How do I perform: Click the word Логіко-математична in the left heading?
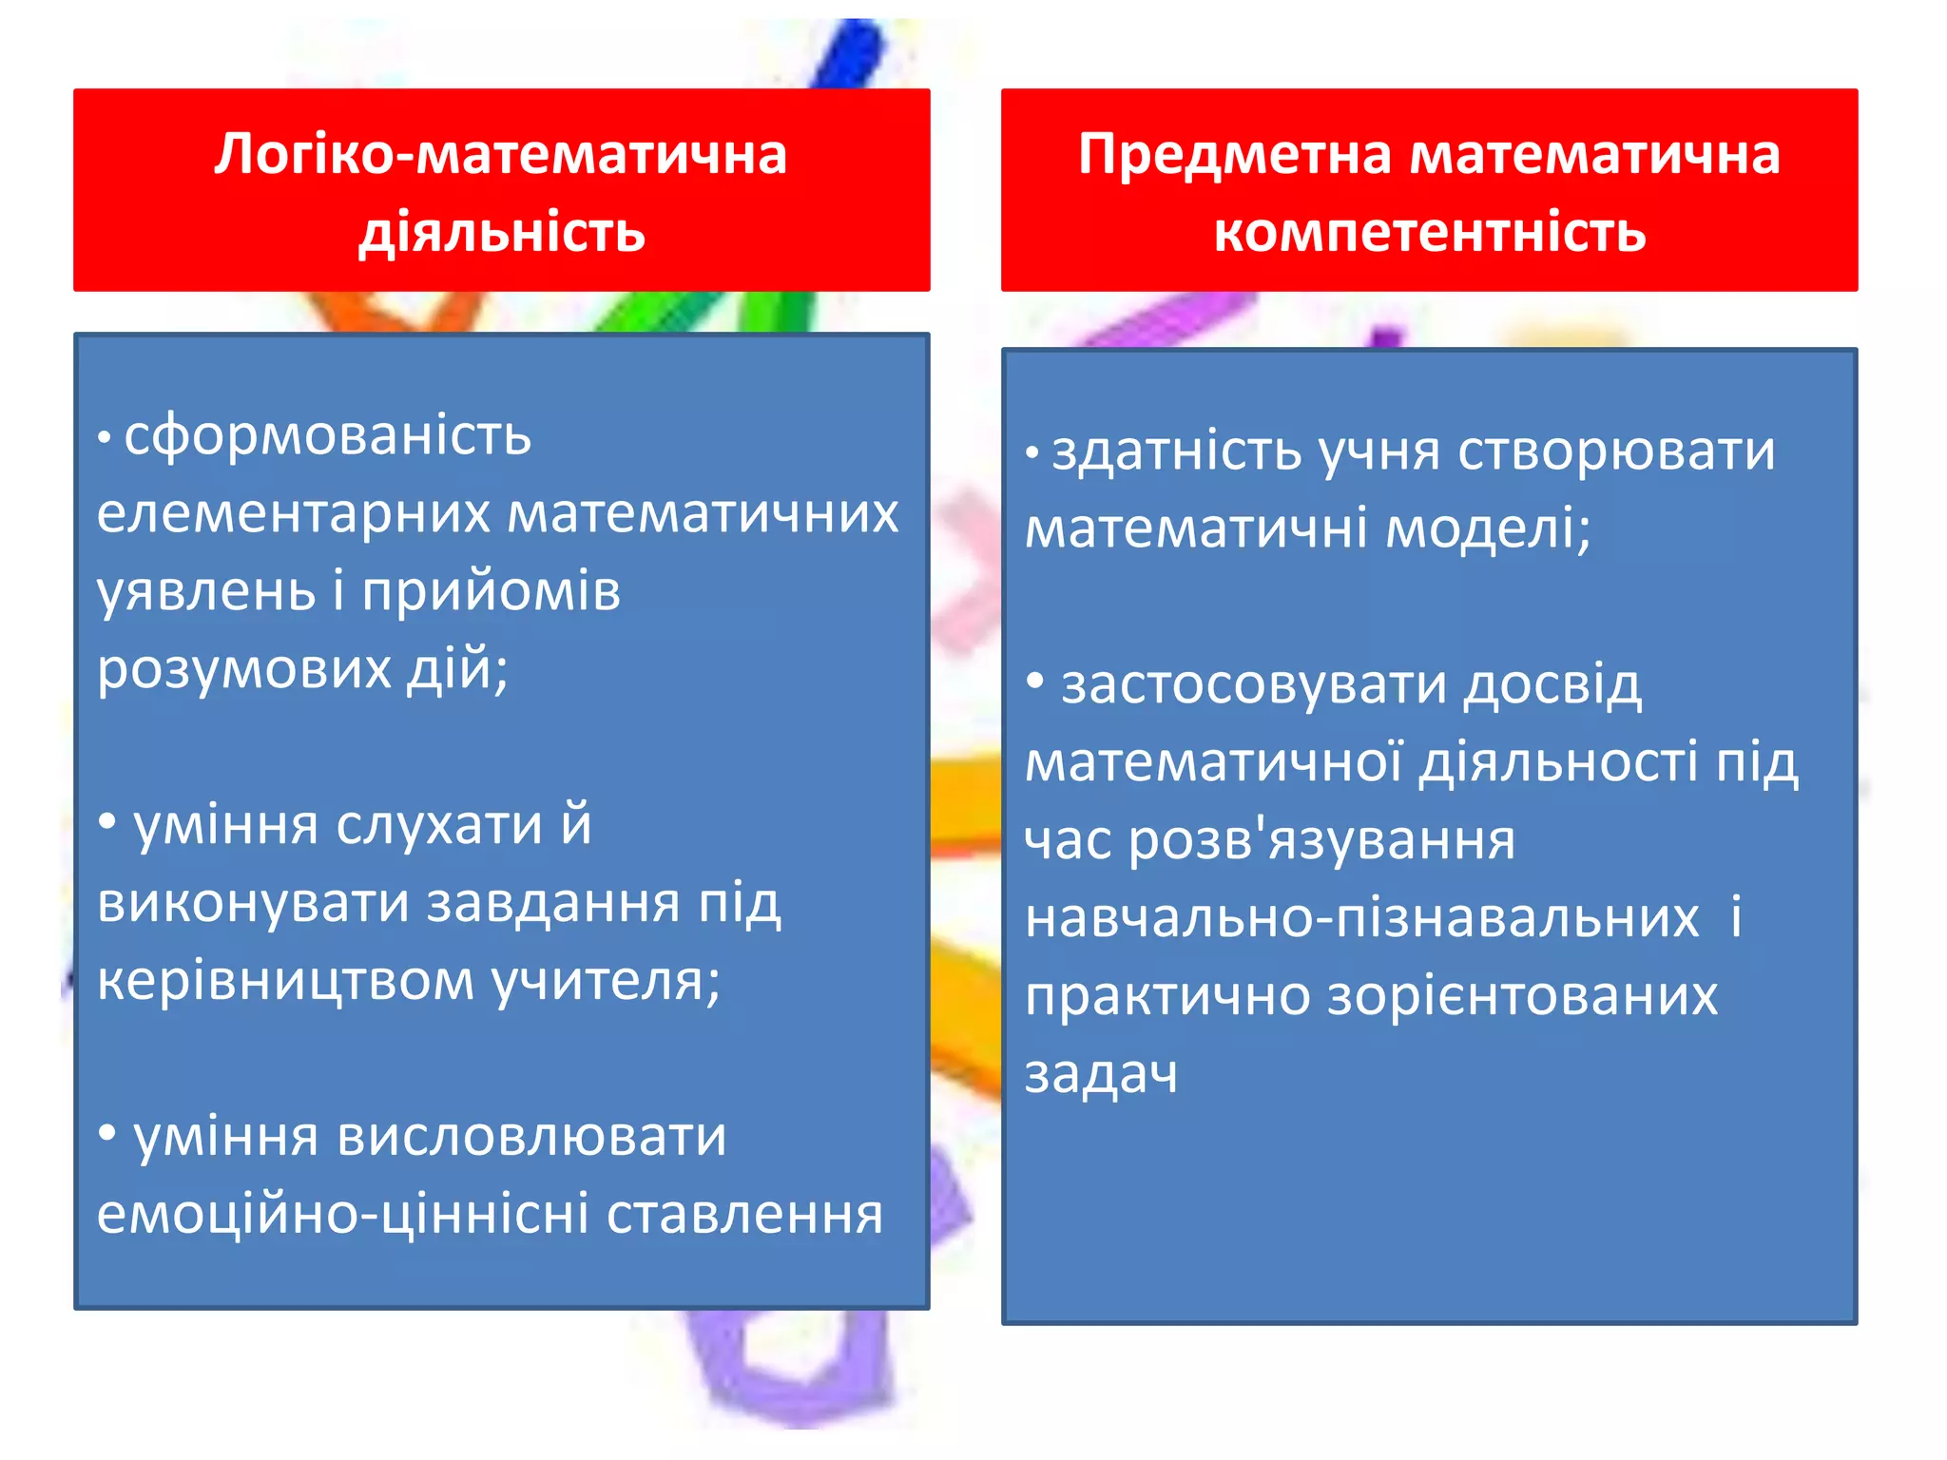(501, 154)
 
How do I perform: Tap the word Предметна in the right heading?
(1235, 154)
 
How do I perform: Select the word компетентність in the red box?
(1430, 232)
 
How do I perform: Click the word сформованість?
(327, 436)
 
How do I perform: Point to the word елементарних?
(294, 514)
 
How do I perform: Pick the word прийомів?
(492, 591)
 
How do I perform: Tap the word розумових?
(244, 669)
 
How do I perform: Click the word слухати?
(438, 824)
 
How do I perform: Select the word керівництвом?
(285, 980)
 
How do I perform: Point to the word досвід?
(1552, 684)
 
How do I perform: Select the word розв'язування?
(1321, 840)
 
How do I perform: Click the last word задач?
(1101, 1074)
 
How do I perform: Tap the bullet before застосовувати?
(1035, 681)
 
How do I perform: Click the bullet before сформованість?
(105, 438)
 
